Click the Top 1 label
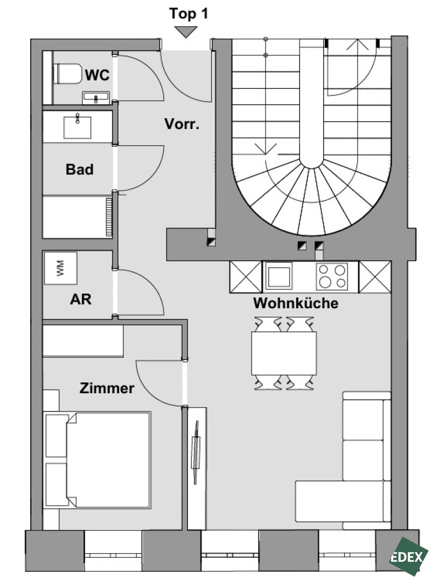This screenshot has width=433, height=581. (x=188, y=13)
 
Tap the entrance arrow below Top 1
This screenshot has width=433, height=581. (x=186, y=32)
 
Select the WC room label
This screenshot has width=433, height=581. (x=97, y=75)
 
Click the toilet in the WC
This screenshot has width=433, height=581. (x=68, y=74)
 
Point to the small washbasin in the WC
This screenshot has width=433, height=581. (x=96, y=98)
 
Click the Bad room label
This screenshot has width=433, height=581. (x=79, y=169)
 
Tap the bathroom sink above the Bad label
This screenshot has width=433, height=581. (x=78, y=127)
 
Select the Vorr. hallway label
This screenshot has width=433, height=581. (x=182, y=124)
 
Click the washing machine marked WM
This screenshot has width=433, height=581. (x=60, y=268)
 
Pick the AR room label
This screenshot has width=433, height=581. (x=81, y=299)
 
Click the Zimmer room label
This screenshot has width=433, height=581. (x=107, y=388)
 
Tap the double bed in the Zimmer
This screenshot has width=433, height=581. (x=97, y=459)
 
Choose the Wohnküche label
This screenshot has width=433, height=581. (x=296, y=303)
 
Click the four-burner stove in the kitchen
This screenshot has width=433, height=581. (x=332, y=277)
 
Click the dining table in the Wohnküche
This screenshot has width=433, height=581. (x=284, y=353)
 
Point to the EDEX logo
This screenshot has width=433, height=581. (x=407, y=556)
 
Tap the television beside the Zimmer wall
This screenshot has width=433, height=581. (x=195, y=452)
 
